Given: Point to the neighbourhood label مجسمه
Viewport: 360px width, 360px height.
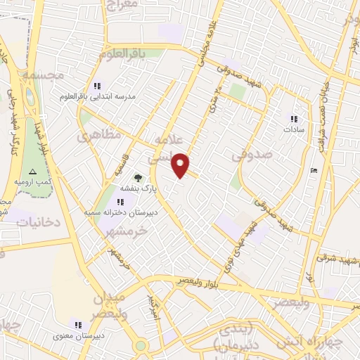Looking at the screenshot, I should click(43, 74).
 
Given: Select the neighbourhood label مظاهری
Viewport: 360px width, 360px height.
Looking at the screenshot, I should click(99, 134).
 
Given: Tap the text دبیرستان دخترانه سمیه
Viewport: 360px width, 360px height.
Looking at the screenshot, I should click(120, 212).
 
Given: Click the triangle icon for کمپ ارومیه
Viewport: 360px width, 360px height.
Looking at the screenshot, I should click(31, 171).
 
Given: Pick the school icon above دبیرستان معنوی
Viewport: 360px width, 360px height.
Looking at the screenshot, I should click(78, 324).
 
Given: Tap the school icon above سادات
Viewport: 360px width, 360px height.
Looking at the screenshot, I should click(293, 119).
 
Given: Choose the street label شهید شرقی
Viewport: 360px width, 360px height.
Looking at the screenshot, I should click(335, 257).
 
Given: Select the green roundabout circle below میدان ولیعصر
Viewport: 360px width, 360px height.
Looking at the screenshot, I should click(141, 345).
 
